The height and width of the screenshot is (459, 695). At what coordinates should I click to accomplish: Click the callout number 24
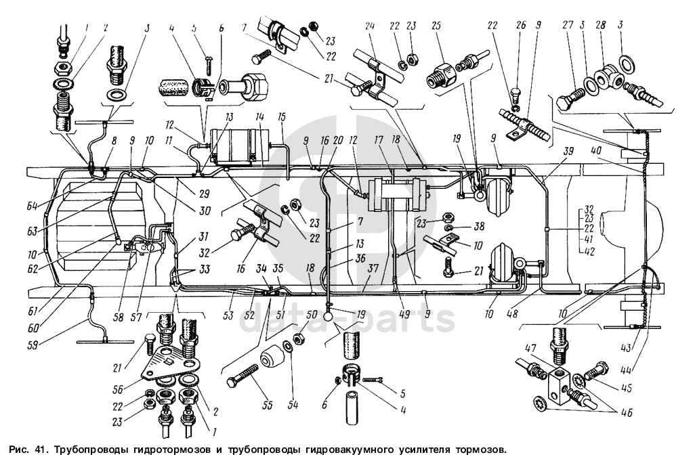pos(370,26)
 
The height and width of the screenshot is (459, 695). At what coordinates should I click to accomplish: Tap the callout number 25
pos(436,26)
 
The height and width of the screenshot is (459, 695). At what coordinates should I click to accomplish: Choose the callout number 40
pos(597,150)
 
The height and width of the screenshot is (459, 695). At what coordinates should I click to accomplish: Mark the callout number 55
pos(267,405)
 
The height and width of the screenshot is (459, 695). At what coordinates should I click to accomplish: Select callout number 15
pos(282,116)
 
